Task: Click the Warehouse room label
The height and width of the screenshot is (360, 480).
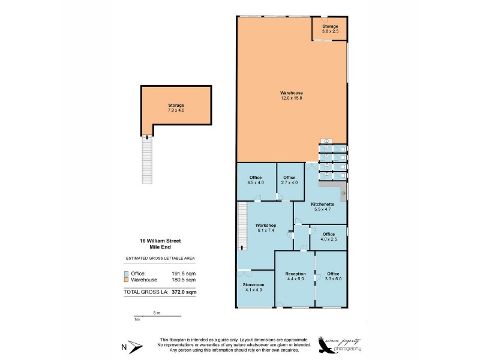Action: [x=291, y=93]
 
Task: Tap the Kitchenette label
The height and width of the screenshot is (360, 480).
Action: [x=322, y=205]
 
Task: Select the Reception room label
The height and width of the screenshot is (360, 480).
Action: [x=296, y=274]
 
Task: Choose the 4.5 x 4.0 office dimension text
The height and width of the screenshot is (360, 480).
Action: [x=256, y=182]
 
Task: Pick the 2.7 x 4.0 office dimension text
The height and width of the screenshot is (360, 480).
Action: [x=290, y=182]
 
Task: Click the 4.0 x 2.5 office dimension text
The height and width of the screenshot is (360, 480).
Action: [x=328, y=239]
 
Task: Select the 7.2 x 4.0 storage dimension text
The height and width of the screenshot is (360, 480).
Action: [x=176, y=110]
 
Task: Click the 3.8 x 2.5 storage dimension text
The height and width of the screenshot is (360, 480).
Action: [x=330, y=31]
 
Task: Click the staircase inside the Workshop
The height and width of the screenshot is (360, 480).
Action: [x=242, y=226]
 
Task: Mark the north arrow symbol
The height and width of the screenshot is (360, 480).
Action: [x=133, y=347]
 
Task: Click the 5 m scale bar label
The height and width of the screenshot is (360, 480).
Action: [x=155, y=313]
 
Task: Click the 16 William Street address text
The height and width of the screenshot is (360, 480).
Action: [x=160, y=241]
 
